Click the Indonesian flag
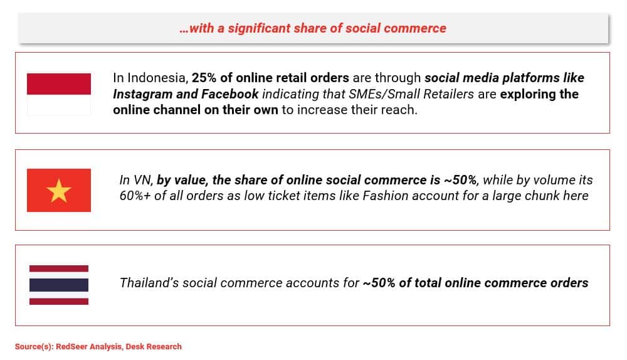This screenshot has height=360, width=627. [59, 95]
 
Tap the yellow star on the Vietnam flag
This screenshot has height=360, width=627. [59, 191]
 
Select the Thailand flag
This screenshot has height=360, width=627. [59, 285]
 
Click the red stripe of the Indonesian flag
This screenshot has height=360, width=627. [59, 84]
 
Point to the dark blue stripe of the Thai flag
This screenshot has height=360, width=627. [59, 285]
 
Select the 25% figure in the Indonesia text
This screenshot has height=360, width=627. [204, 78]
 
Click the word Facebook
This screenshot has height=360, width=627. [230, 94]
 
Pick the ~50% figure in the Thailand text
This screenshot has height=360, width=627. [379, 283]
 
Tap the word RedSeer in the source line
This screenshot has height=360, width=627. [71, 346]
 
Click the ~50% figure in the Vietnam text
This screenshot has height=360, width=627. [460, 180]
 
